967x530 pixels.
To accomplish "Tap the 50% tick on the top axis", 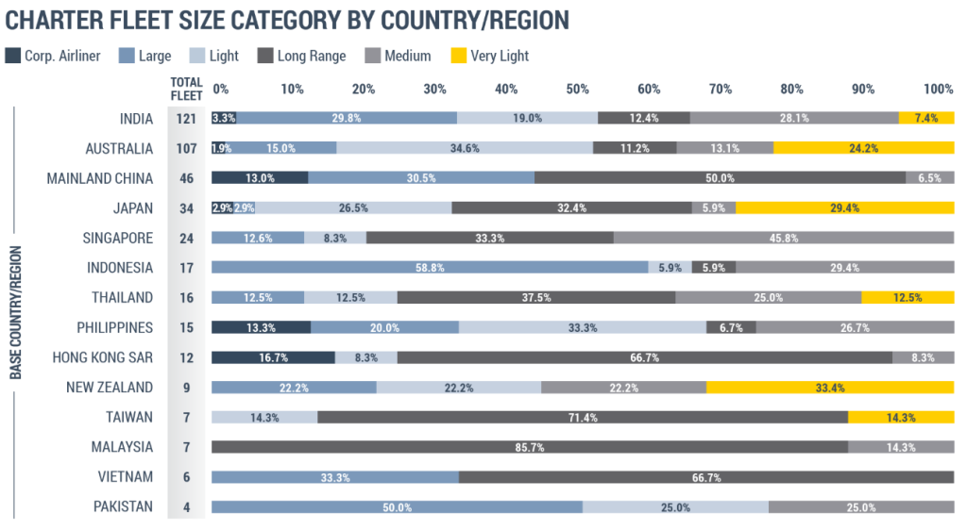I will pos(577,89).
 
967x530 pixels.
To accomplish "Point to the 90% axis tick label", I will pos(863,89).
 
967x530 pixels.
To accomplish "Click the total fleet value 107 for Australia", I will pos(186,148).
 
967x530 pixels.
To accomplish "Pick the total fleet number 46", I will pos(186,178).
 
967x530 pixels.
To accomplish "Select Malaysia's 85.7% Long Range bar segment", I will pos(529,447).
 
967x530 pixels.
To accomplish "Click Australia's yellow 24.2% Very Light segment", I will pos(863,148).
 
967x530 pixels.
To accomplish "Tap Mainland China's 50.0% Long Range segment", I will pos(720,178).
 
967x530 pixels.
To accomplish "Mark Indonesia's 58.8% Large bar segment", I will pos(430,268).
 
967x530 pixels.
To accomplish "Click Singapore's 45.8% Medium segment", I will pos(783,238).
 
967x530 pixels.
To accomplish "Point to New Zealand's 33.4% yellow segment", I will pos(829,388).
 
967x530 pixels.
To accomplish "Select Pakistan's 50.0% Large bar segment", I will pos(397,507).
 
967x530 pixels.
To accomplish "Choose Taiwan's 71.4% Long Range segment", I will pos(582,418).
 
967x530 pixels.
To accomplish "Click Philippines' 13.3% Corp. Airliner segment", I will pos(261,327).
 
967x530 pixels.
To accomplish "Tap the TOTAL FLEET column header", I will pos(186,88).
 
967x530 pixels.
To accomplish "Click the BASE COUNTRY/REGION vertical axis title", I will pos(16,312).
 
